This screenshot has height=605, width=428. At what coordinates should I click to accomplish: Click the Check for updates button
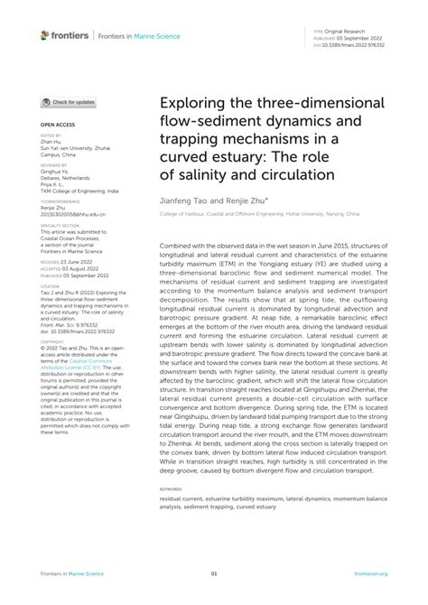[69, 102]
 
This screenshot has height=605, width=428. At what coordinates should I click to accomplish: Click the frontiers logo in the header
[64, 36]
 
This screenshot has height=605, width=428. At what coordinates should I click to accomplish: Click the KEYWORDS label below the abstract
[172, 489]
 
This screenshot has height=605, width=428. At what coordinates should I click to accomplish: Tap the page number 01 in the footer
[214, 573]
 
